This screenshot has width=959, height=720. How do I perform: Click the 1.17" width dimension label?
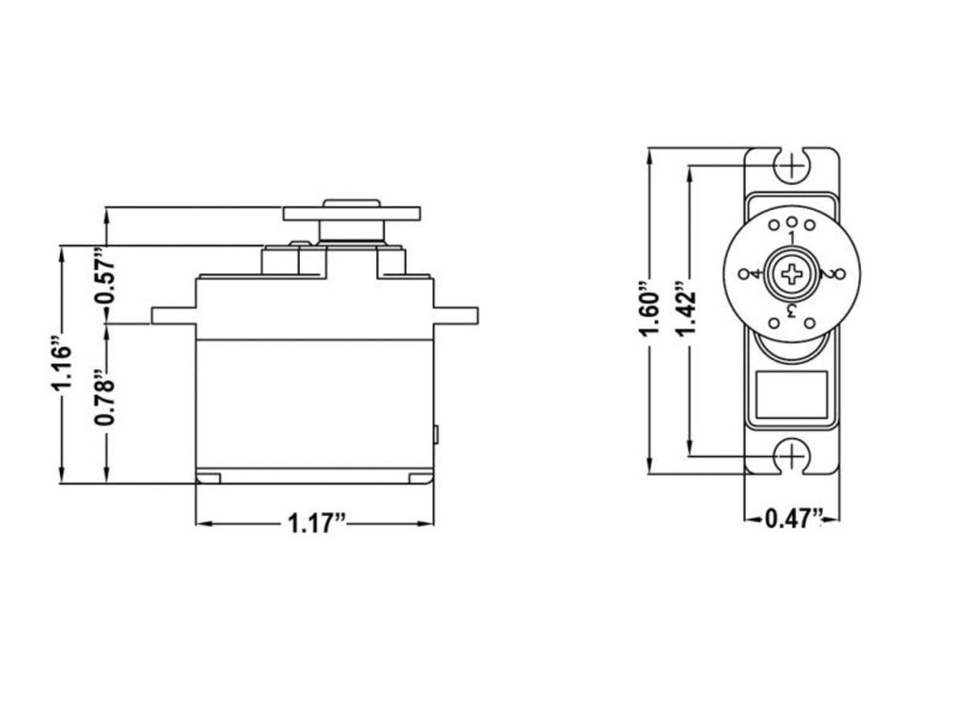pos(317,524)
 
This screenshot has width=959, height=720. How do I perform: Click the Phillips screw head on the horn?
pos(792,273)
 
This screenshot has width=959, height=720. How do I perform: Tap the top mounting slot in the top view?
pos(792,165)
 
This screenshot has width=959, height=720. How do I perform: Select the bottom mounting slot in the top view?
pos(792,458)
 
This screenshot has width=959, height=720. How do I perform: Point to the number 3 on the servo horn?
pos(792,309)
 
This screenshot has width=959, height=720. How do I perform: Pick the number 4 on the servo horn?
pos(756,273)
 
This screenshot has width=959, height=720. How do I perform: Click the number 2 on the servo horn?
pos(826,274)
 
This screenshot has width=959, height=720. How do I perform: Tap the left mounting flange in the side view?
pos(174,315)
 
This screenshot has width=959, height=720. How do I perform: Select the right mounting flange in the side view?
pos(456,315)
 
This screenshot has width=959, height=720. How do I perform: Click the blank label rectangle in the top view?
pos(792,394)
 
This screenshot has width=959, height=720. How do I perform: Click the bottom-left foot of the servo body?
pos(209,478)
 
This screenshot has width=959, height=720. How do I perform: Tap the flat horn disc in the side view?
pos(352,213)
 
